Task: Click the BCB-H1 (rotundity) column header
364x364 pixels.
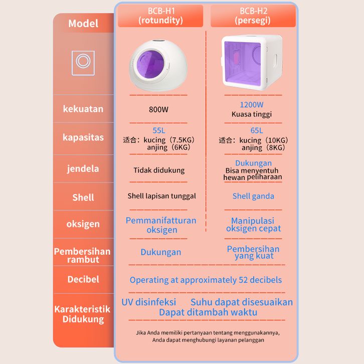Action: pos(160,16)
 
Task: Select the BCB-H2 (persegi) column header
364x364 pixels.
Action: pos(253,16)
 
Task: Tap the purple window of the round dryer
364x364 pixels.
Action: pos(150,63)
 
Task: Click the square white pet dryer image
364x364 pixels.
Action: pos(252,61)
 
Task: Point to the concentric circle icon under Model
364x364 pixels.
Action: pos(83,63)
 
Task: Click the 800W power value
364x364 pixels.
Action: pos(158,109)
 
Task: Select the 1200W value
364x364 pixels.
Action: pos(252,105)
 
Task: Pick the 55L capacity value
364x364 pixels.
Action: pos(159,130)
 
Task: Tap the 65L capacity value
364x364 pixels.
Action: pos(257,130)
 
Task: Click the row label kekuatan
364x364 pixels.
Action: pos(83,109)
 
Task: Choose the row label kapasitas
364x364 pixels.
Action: pos(83,137)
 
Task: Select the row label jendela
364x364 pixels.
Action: pos(83,169)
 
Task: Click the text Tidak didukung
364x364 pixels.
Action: pos(159,170)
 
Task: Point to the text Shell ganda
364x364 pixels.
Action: pos(253,197)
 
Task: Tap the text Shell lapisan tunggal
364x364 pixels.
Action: pos(161,196)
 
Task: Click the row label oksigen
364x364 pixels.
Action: pos(83,224)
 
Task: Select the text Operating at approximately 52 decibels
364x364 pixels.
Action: pos(206,280)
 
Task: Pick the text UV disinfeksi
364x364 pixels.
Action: pos(148,302)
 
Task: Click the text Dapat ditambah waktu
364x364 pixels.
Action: pos(208,312)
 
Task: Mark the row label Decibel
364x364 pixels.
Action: pos(83,279)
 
